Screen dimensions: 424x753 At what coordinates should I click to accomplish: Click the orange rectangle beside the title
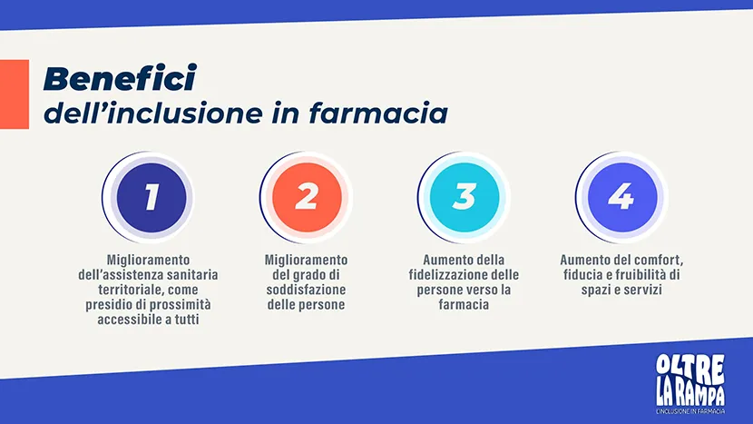click(x=15, y=94)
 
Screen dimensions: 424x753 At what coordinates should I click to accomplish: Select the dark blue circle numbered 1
click(x=152, y=197)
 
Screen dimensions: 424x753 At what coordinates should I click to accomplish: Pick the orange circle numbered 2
click(x=307, y=197)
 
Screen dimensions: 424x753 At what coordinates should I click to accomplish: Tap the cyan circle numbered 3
click(x=465, y=197)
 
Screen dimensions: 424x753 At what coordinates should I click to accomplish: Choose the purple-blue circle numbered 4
click(x=621, y=197)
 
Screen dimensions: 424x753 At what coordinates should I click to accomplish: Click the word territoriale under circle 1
click(x=112, y=290)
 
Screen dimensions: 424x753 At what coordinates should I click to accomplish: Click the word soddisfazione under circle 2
click(x=307, y=290)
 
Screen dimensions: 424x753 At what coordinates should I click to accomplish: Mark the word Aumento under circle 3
click(x=444, y=261)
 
